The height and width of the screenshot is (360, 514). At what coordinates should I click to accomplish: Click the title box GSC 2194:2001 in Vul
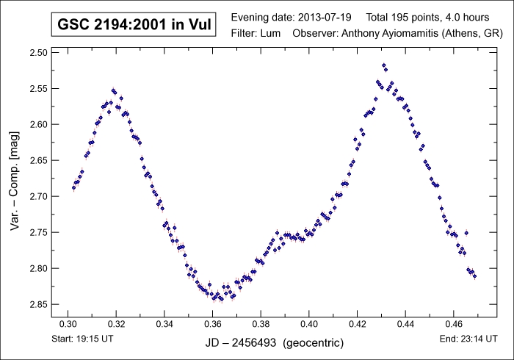pos(134,25)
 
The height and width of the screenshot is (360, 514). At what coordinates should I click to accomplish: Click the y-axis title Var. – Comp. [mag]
pos(15,179)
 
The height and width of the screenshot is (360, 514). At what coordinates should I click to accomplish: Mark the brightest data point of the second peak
pos(384,65)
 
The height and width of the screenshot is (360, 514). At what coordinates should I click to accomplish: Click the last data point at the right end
pos(475,277)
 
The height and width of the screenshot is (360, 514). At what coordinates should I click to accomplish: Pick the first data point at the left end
pos(73,187)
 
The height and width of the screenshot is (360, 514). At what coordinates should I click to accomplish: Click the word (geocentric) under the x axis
pos(313,343)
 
